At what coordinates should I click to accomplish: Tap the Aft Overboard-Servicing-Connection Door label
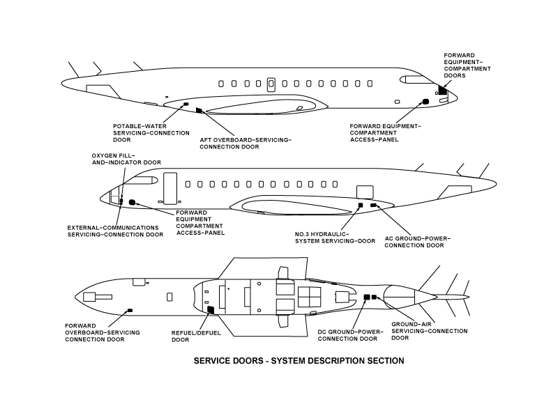click(x=245, y=144)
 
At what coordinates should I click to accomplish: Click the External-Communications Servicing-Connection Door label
click(x=115, y=231)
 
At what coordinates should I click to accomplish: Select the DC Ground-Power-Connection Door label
click(x=346, y=335)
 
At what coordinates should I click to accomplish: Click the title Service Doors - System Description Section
click(x=299, y=362)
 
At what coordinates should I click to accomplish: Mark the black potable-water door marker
click(x=186, y=104)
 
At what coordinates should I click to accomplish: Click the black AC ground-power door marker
click(x=374, y=205)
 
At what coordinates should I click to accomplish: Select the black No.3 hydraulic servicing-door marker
click(x=361, y=205)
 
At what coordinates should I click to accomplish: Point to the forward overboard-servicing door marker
click(x=129, y=309)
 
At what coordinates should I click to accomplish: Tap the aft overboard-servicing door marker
click(x=199, y=110)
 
